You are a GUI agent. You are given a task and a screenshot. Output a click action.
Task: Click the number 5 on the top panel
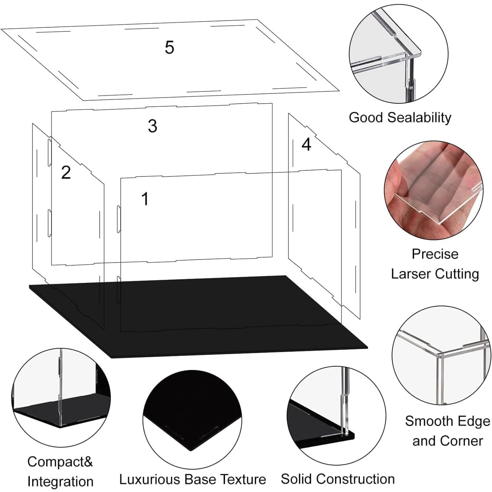click(x=169, y=47)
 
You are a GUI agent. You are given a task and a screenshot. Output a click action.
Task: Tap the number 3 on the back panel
click(x=153, y=126)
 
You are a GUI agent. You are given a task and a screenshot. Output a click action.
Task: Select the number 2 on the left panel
click(x=66, y=172)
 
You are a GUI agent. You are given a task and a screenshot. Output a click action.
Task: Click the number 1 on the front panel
click(x=145, y=199)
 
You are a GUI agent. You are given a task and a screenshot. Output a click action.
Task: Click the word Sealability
click(x=419, y=118)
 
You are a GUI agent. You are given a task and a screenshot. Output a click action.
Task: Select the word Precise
click(x=435, y=254)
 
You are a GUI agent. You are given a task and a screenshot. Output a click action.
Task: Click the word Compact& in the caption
click(x=60, y=462)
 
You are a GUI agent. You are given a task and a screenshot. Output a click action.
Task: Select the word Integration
click(x=60, y=482)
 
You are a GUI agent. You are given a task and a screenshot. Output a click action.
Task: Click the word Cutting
click(x=457, y=274)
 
